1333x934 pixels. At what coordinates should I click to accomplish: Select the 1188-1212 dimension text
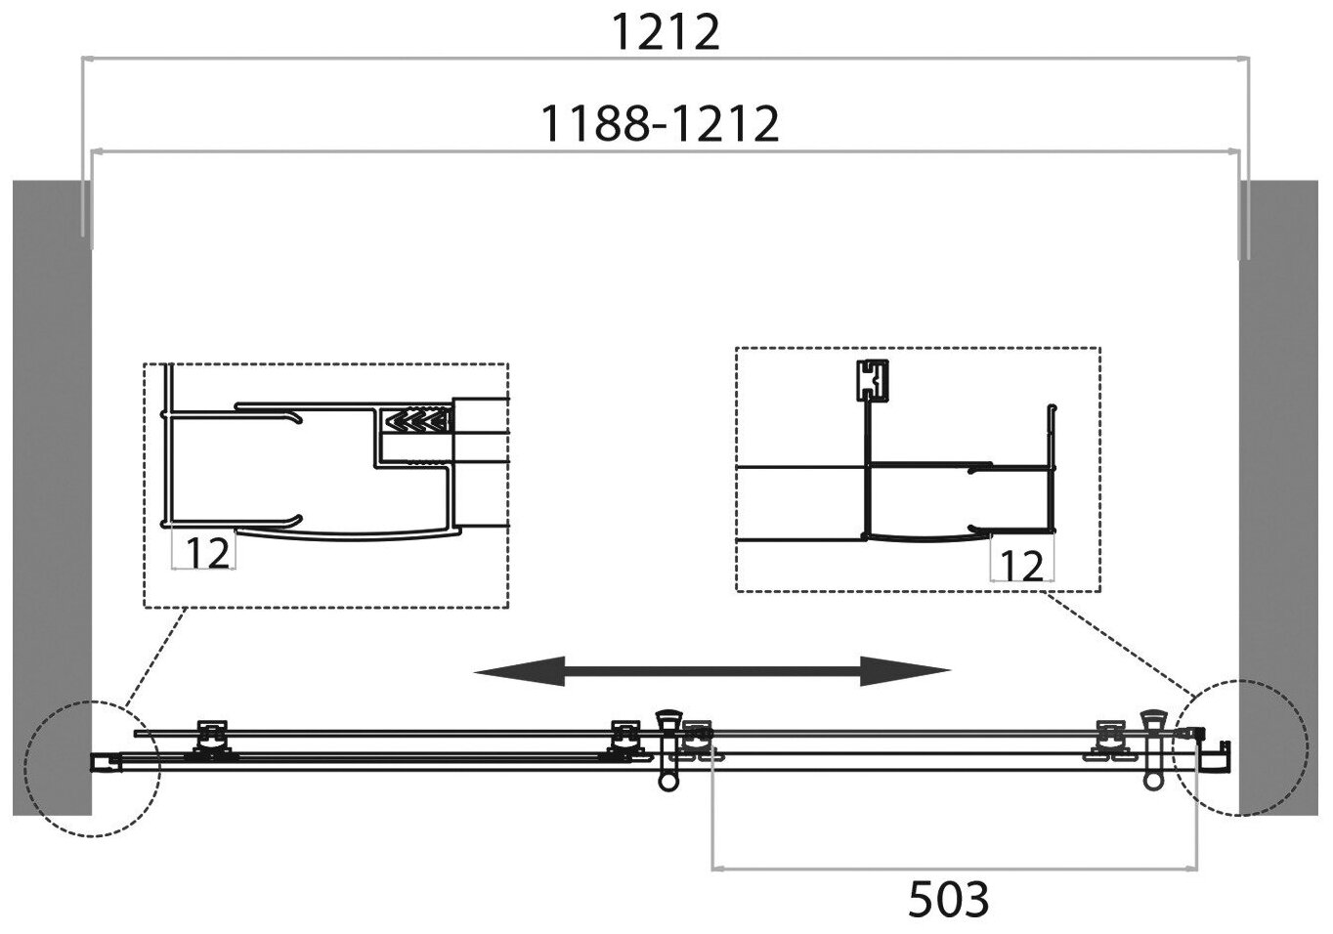click(661, 124)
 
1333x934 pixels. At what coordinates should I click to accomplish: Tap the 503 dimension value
click(948, 899)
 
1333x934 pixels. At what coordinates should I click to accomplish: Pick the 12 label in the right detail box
click(1022, 566)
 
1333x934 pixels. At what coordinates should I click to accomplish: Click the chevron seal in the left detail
click(418, 421)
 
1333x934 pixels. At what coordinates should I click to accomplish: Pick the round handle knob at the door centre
click(668, 783)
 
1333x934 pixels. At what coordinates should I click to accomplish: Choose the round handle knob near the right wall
click(1153, 783)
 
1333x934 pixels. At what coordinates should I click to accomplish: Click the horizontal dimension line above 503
click(953, 866)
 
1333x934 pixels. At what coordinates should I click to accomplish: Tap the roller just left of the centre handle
click(623, 740)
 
